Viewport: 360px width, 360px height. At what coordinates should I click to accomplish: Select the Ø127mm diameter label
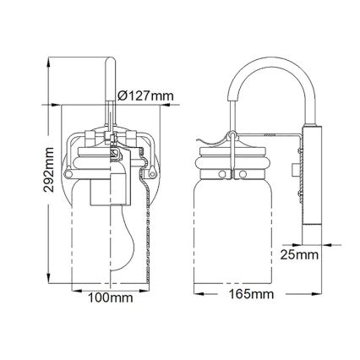[x=146, y=95]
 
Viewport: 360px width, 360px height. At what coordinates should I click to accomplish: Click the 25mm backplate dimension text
[x=300, y=252]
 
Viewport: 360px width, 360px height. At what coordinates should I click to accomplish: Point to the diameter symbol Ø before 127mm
[x=124, y=95]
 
